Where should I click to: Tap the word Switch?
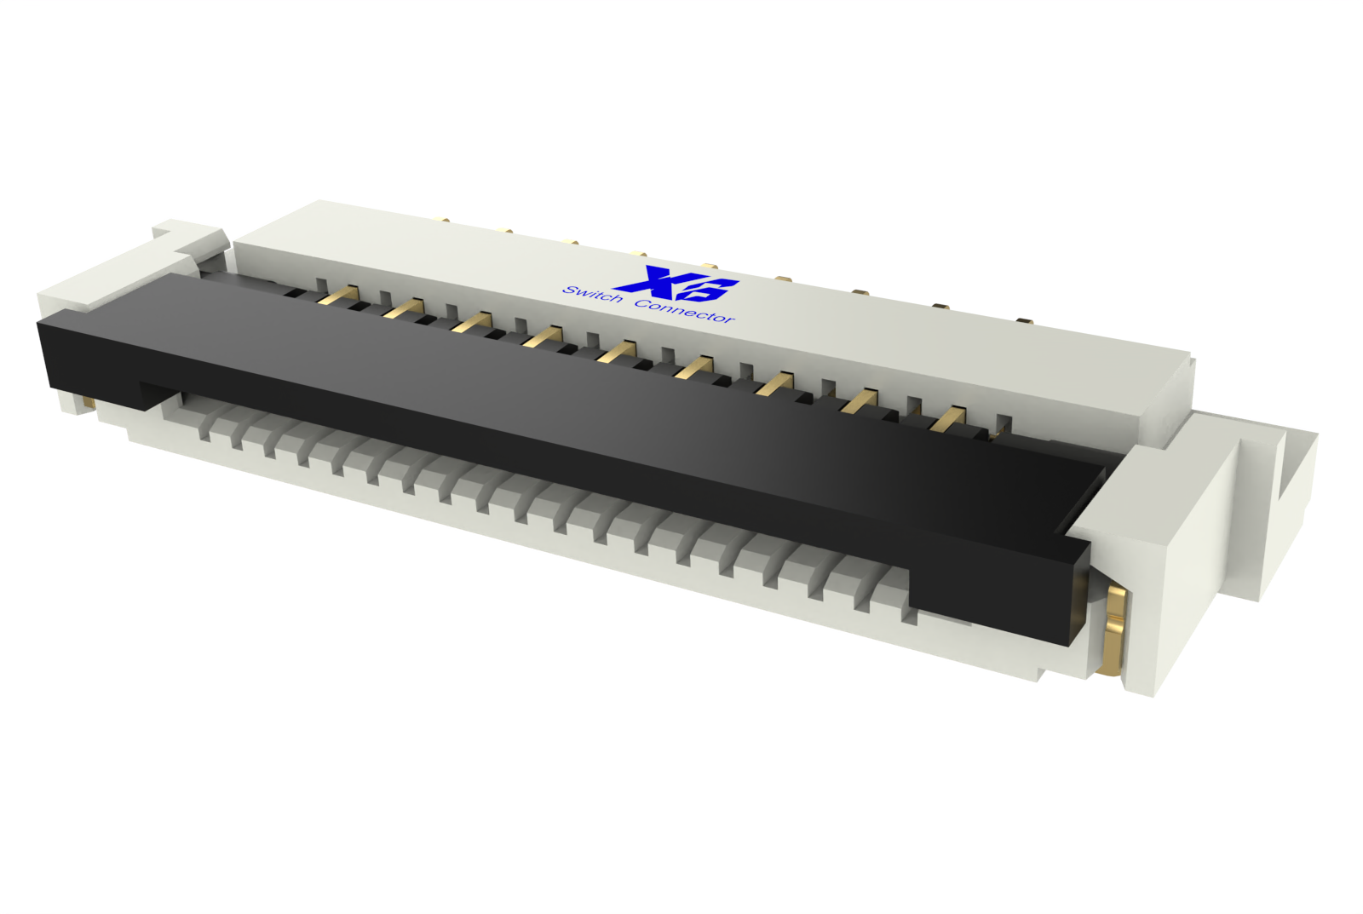tap(592, 295)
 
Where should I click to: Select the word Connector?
tap(684, 311)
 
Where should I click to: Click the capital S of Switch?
tap(569, 290)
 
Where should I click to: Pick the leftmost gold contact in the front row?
tap(340, 295)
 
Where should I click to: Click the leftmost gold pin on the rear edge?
tap(444, 220)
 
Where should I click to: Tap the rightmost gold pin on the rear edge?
tap(1025, 321)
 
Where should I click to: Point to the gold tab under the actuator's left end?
tap(87, 400)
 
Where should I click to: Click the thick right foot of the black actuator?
tap(997, 588)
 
